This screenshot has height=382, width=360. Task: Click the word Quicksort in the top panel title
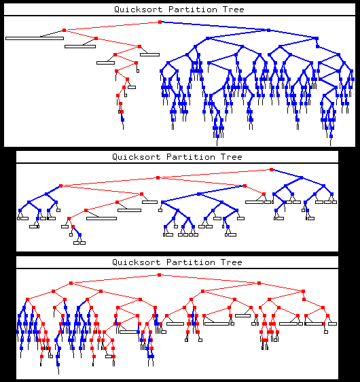coord(139,10)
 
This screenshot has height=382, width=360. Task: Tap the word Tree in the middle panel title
coord(231,157)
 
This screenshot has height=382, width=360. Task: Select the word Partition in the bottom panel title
coord(191,262)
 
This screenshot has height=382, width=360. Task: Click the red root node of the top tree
coord(160,22)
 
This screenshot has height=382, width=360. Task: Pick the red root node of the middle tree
coord(272,169)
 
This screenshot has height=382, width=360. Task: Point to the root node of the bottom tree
coord(160,275)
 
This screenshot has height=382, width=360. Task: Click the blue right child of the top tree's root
coord(268,30)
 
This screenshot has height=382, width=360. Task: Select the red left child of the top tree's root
coord(65,30)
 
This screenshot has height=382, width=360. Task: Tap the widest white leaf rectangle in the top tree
coord(35,38)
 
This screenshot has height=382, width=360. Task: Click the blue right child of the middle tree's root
coord(301,178)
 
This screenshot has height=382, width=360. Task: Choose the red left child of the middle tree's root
coord(158,178)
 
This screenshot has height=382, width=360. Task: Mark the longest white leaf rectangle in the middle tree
coord(101,219)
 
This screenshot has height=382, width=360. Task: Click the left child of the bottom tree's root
coord(71,283)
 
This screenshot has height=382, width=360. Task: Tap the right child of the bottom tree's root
coord(259,283)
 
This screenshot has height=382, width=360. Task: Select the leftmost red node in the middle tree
coord(61,186)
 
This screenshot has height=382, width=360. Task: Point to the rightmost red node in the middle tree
coord(272,169)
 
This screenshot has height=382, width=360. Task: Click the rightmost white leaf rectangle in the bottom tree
coord(333,324)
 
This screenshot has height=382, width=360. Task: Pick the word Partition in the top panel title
coord(192,10)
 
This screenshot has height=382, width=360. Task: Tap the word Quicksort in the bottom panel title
coord(137,262)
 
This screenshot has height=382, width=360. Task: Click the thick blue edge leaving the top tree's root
coord(214,26)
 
